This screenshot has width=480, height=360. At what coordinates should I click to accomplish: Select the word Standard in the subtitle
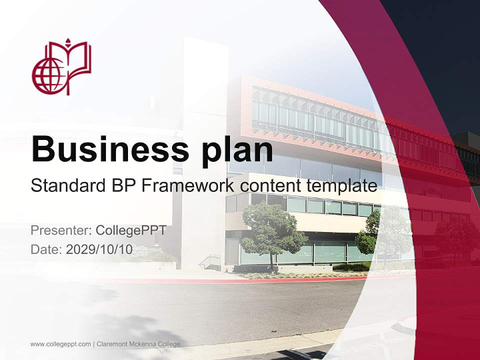coord(65,186)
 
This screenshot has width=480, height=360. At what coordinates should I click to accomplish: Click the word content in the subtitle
coord(270,186)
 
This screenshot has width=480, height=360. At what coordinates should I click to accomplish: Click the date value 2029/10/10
coord(99,249)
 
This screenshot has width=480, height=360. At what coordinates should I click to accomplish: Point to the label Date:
coord(46,249)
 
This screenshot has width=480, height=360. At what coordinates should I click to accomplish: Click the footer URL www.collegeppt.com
coord(60,344)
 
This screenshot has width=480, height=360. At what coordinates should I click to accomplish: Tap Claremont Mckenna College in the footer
coord(138,344)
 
